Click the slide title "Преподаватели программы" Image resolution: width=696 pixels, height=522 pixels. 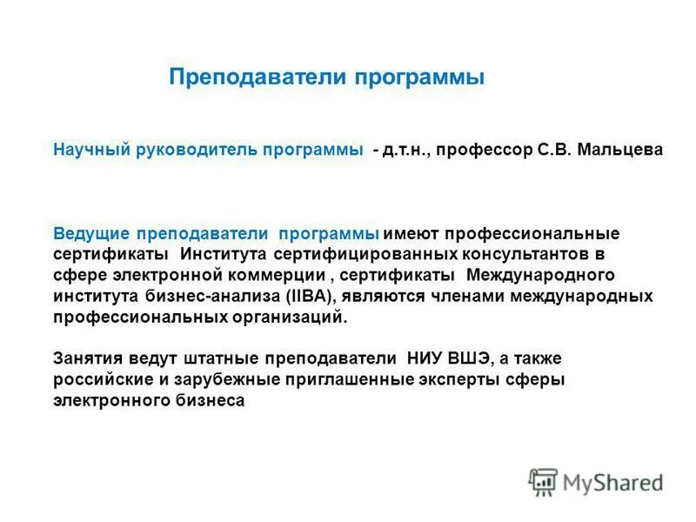click(326, 77)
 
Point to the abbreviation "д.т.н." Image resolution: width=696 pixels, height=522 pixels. click(405, 150)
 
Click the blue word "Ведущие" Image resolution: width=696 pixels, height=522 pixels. click(91, 235)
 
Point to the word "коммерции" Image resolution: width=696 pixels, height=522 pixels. click(275, 276)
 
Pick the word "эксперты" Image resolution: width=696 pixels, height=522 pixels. click(458, 380)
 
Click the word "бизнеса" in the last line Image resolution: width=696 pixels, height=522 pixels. click(216, 401)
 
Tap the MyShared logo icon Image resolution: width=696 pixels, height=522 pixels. click(543, 481)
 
